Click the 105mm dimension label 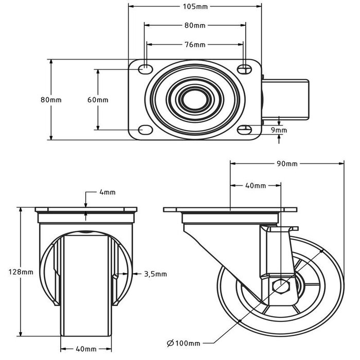pos(194,7)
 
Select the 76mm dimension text pos(194,45)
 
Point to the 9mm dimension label pos(280,131)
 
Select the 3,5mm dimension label pos(155,274)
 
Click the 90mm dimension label pos(287,164)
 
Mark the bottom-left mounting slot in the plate pos(145,129)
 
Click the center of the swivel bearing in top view pos(194,99)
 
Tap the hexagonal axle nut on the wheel pos(281,286)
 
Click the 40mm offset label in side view pos(255,185)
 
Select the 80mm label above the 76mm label pos(194,25)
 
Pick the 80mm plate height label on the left pos(51,100)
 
